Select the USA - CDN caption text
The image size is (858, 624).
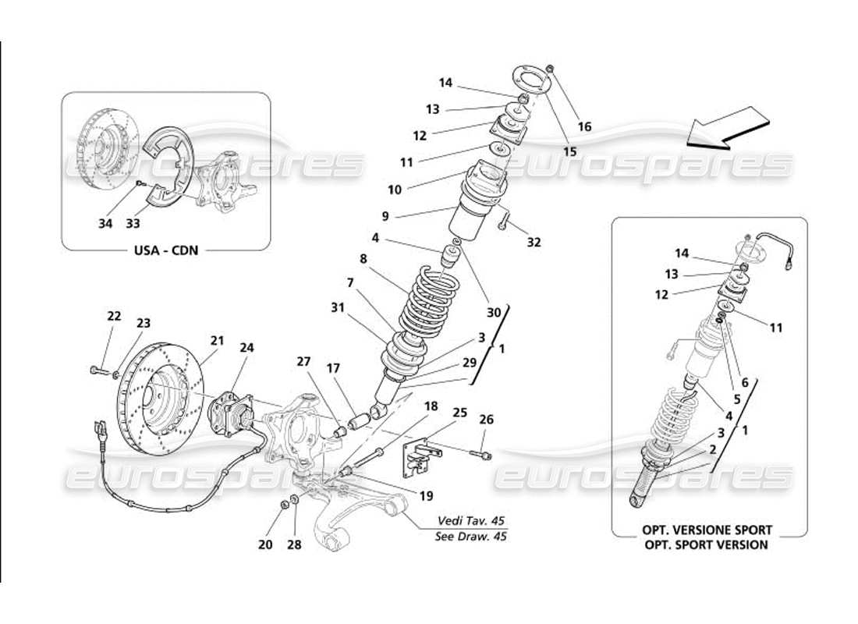point(165,251)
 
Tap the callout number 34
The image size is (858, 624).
point(105,224)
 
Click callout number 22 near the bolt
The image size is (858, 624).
point(114,316)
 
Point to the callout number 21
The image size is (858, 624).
point(217,340)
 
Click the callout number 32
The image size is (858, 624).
point(534,243)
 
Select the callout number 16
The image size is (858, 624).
point(584,127)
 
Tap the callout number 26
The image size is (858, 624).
point(487,419)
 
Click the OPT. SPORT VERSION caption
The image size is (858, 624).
point(704,544)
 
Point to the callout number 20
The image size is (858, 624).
point(265,544)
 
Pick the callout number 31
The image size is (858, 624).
point(336,308)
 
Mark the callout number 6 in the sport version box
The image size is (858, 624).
point(745,383)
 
